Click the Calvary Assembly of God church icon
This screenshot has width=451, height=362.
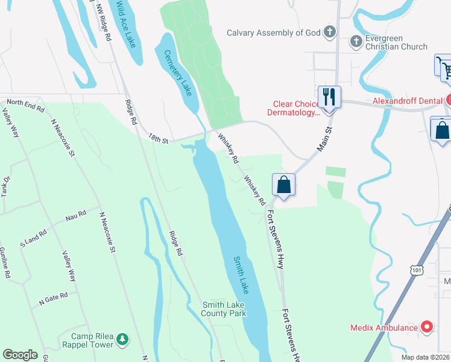[x=329, y=32]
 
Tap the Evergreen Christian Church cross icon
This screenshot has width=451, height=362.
[x=356, y=41]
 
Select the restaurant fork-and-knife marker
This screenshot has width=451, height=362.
[x=329, y=96]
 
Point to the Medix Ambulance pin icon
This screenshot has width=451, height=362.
[x=427, y=328]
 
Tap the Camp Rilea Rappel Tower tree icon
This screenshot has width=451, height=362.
[x=122, y=338]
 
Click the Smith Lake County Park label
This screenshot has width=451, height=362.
[x=224, y=309]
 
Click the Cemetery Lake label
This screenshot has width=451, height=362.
[x=178, y=73]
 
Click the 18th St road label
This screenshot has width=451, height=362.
[x=158, y=139]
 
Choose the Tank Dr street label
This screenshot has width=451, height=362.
[x=7, y=186]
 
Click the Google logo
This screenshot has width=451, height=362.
[x=20, y=355]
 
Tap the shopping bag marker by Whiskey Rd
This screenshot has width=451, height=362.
[x=283, y=185]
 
